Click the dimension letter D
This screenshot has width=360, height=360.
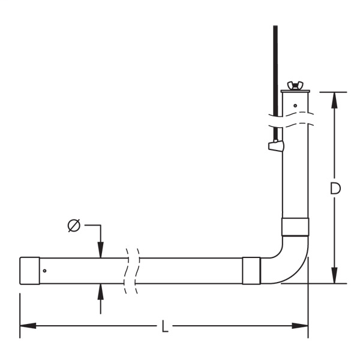[x=335, y=188]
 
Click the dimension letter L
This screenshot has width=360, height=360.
[x=165, y=326]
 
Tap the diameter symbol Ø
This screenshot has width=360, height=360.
[x=74, y=226]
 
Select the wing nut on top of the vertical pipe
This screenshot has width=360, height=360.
[x=295, y=85]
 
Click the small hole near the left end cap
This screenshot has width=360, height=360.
[x=44, y=271]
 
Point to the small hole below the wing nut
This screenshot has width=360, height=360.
[x=295, y=106]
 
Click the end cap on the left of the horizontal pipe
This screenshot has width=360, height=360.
[x=29, y=271]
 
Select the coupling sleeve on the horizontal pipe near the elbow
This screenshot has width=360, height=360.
[x=251, y=271]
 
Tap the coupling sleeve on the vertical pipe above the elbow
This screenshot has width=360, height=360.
[x=295, y=227]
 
